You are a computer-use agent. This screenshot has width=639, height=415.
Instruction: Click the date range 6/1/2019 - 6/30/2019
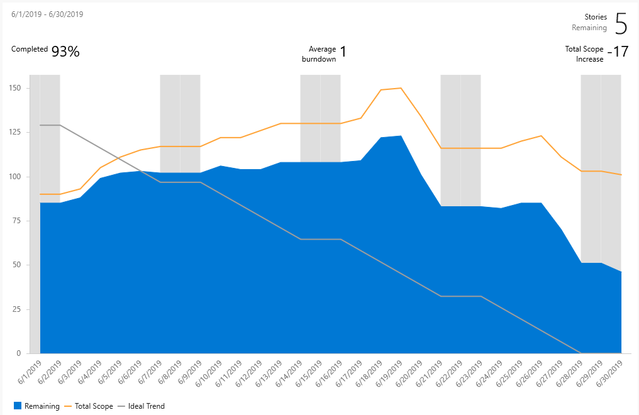[x=47, y=14]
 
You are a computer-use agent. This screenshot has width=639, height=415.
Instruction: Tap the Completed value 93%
[x=65, y=52]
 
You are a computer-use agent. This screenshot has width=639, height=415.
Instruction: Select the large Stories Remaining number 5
[x=620, y=23]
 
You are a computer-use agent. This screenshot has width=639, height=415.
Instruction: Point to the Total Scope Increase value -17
[x=620, y=52]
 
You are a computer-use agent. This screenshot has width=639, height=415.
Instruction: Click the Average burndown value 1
[x=343, y=52]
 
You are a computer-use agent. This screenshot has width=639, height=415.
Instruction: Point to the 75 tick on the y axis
[x=16, y=221]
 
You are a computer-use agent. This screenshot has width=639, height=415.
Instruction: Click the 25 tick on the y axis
[x=16, y=309]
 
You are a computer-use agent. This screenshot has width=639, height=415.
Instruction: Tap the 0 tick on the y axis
[x=19, y=353]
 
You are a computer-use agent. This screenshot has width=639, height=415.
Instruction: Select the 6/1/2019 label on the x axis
[x=31, y=371]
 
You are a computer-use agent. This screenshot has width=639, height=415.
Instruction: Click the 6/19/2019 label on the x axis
[x=391, y=371]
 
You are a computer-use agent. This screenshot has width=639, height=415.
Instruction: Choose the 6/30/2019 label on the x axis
[x=612, y=371]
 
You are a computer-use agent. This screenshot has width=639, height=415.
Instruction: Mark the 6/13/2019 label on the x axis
[x=271, y=371]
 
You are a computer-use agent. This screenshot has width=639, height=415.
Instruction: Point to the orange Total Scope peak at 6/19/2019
[x=401, y=88]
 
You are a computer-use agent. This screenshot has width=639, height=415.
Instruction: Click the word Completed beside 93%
[x=30, y=49]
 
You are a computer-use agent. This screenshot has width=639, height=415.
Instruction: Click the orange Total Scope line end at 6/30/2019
[x=621, y=175]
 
